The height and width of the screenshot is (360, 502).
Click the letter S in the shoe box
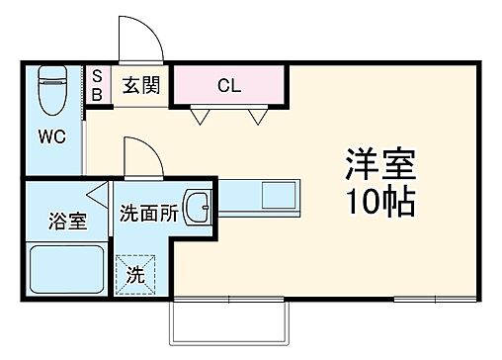[x=97, y=75]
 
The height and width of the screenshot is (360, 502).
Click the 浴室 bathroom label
[x=67, y=221]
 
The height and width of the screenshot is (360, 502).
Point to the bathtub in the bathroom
[x=66, y=267]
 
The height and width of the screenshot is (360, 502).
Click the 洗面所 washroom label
[x=149, y=212]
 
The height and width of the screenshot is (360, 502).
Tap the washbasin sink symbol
[x=198, y=208]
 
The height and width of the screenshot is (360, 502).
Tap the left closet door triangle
[x=202, y=117]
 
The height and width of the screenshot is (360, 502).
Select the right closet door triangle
[x=259, y=117]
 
